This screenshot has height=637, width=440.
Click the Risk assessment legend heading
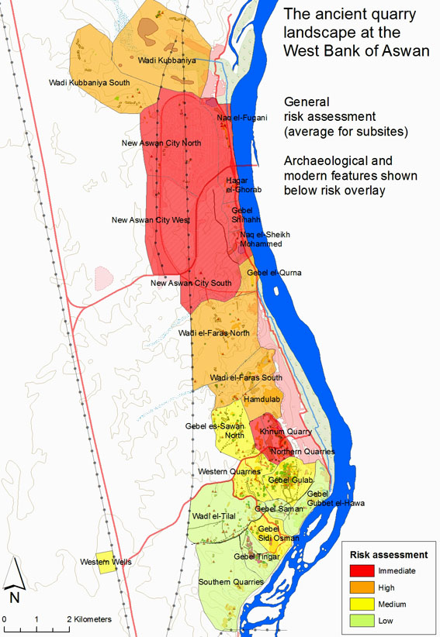click(x=389, y=555)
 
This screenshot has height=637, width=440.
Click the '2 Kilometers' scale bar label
click(x=88, y=620)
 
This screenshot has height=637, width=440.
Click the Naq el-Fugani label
click(x=242, y=118)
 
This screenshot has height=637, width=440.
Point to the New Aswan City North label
click(x=161, y=143)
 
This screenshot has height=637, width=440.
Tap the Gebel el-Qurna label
click(x=274, y=273)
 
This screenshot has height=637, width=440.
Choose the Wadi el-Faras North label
click(x=214, y=333)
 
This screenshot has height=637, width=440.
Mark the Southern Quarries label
click(x=231, y=581)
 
